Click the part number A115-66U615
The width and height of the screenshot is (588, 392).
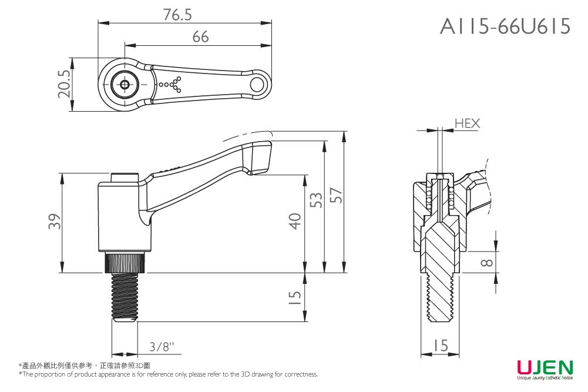click(x=505, y=26)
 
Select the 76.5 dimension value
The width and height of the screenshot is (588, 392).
click(x=178, y=15)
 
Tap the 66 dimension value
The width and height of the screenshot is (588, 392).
click(x=200, y=37)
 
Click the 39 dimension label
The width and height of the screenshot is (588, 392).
click(x=55, y=223)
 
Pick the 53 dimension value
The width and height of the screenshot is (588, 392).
click(x=316, y=200)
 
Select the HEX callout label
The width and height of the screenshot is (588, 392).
click(x=467, y=123)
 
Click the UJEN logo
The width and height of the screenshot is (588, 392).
click(x=545, y=368)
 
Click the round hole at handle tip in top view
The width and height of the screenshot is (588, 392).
click(x=257, y=85)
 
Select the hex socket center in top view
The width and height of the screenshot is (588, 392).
click(x=125, y=85)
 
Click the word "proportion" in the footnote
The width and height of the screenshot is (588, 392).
click(x=59, y=374)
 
